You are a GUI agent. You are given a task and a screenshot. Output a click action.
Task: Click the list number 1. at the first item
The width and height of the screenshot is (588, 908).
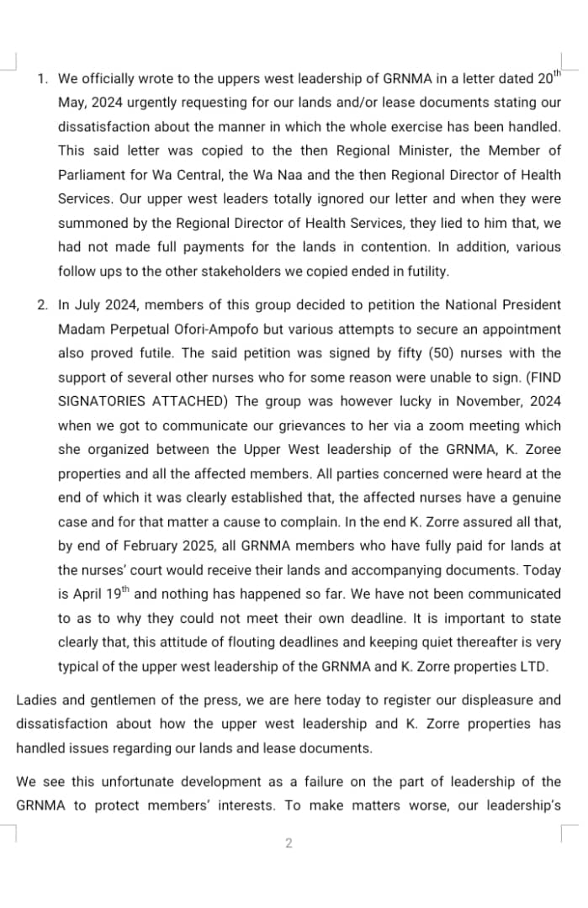coord(43,79)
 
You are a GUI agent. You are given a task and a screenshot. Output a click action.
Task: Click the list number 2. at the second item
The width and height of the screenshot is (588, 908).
coord(43,304)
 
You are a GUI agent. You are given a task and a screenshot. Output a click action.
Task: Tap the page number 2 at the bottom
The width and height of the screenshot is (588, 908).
coord(289,843)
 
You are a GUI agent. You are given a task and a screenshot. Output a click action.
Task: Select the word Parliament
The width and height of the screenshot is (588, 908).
coord(91,176)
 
